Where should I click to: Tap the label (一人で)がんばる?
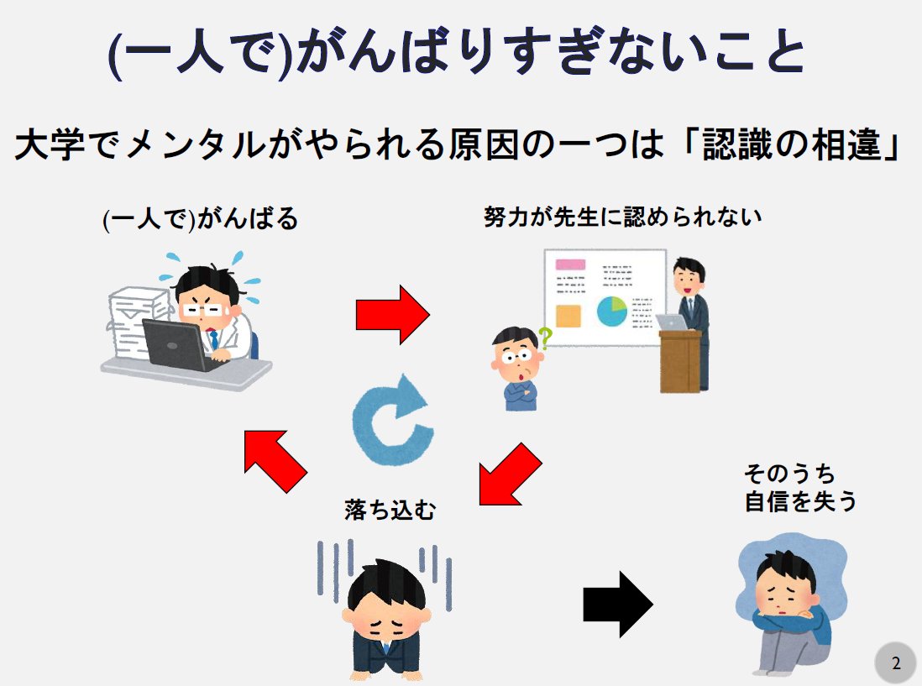200,220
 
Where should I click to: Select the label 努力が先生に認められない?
622,217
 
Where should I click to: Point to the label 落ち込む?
390,509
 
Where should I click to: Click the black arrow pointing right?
617,604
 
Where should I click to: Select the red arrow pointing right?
392,314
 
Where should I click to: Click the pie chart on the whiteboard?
612,312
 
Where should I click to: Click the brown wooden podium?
679,361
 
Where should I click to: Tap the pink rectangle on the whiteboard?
570,264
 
